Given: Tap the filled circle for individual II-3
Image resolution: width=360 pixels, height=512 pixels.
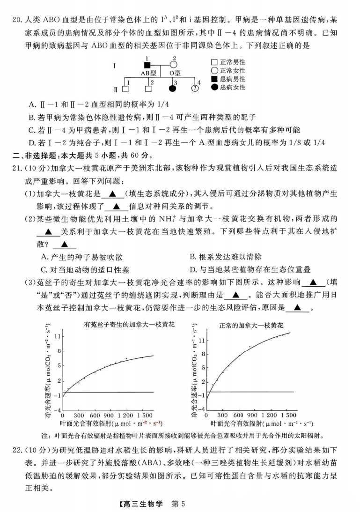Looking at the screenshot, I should click(172, 88).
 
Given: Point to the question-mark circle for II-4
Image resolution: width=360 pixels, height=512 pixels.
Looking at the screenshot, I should click(195, 89).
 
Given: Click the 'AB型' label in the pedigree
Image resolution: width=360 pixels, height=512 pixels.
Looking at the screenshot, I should click(148, 74).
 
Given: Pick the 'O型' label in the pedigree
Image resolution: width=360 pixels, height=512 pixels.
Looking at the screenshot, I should click(175, 74).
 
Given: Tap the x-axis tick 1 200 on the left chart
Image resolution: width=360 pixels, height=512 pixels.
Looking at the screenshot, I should click(126, 415).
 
